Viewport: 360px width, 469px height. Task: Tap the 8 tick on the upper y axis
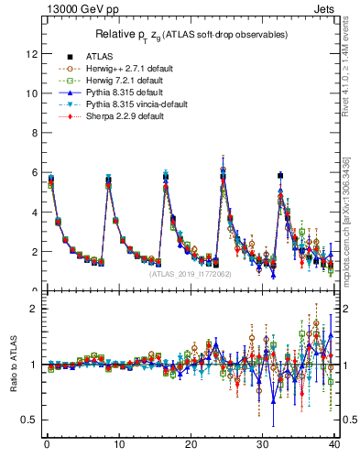(x=34, y=133)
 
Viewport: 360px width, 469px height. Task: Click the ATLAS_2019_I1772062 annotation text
(x=190, y=274)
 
